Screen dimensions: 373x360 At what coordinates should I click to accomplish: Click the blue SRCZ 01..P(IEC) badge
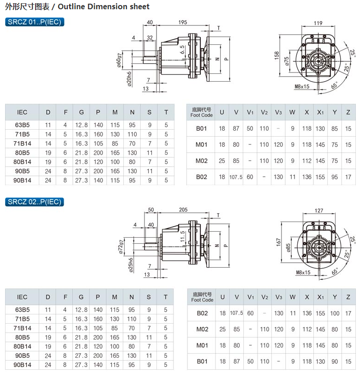pos(34,22)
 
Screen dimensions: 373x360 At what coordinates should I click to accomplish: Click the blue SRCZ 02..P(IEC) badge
pos(34,202)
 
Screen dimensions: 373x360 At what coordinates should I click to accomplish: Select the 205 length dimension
pos(183,210)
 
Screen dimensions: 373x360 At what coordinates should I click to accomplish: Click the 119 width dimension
pos(318,23)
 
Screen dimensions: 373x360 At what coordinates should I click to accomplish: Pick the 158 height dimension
pos(277,55)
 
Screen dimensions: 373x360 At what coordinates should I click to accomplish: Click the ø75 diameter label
pos(287,61)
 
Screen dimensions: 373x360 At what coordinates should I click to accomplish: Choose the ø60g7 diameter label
pos(119,60)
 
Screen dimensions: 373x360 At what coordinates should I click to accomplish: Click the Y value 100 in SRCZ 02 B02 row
pos(335,313)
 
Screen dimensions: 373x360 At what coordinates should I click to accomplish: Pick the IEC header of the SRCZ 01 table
pos(22,112)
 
